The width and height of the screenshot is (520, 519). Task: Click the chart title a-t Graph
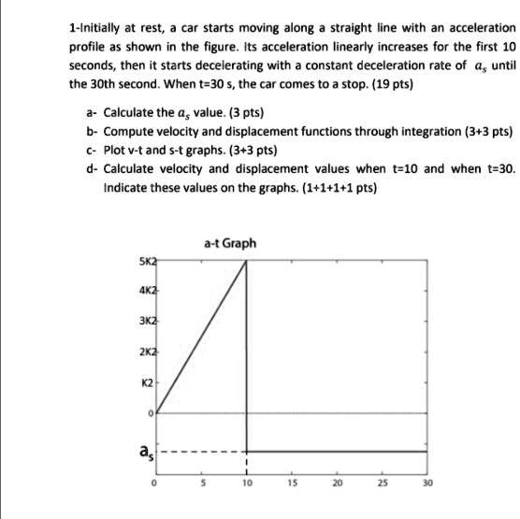[x=229, y=243]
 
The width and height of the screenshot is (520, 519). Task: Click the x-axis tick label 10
[x=246, y=485]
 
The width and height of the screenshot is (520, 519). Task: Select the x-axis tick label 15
[x=291, y=485]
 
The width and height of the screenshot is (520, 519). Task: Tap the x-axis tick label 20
[x=337, y=485]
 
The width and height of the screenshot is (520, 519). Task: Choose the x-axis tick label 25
[x=382, y=485]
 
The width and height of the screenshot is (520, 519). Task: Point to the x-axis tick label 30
[x=427, y=485]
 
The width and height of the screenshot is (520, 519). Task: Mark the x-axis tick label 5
[x=201, y=485]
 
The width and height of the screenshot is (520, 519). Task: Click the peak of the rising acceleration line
[x=246, y=261]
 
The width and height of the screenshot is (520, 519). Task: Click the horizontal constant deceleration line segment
[x=337, y=452]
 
